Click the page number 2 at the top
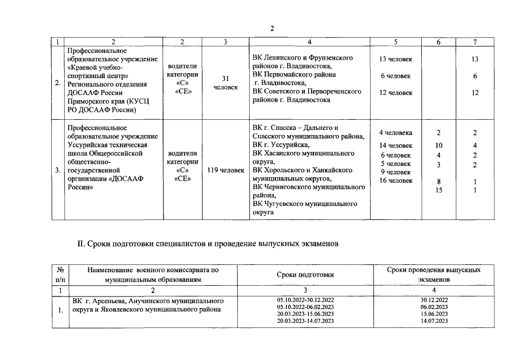click(x=272, y=29)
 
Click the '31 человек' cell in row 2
click(x=225, y=83)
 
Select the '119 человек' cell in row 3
click(x=225, y=169)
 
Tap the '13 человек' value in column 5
click(x=395, y=59)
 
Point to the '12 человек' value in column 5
click(x=395, y=93)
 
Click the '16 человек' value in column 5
click(x=395, y=181)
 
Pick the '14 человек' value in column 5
click(x=395, y=146)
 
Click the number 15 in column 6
click(x=439, y=190)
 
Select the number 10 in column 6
click(x=439, y=146)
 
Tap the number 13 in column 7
click(x=475, y=59)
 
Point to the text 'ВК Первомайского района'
click(x=294, y=74)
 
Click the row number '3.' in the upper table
click(x=57, y=169)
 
